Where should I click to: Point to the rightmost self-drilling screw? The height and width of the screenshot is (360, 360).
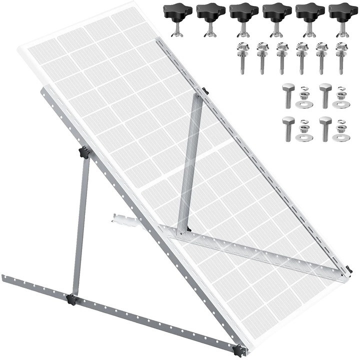click(x=341, y=57)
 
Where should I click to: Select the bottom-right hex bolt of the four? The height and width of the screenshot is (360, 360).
click(x=325, y=127)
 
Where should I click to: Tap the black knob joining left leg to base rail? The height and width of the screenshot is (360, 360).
click(x=70, y=299)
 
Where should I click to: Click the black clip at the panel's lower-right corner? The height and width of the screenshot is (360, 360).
click(x=348, y=270)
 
